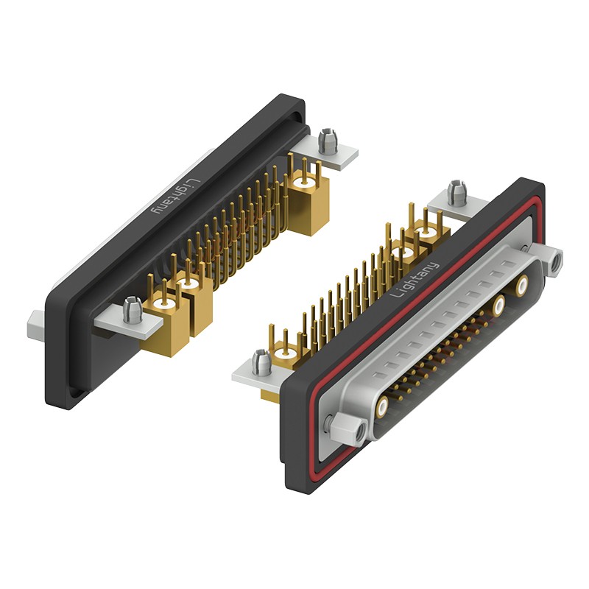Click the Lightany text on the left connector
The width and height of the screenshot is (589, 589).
tap(175, 197)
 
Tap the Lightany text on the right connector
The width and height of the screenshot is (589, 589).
tap(415, 280)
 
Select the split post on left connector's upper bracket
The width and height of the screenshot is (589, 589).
tap(327, 141)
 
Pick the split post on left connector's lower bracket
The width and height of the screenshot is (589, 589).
tap(133, 310)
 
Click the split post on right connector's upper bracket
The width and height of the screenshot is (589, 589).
tap(457, 192)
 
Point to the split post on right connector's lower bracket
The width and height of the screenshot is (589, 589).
tap(261, 362)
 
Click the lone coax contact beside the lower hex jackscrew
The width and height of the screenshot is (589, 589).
tap(382, 406)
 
